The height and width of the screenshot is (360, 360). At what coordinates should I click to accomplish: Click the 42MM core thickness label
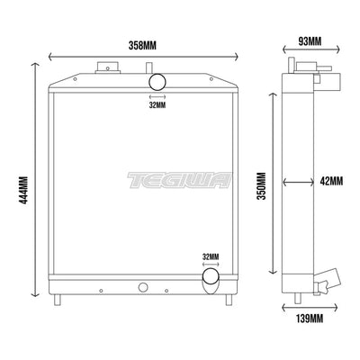click(330, 181)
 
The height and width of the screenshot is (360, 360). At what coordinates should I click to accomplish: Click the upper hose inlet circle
click(157, 83)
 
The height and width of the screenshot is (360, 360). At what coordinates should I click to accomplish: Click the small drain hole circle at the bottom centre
click(141, 288)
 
